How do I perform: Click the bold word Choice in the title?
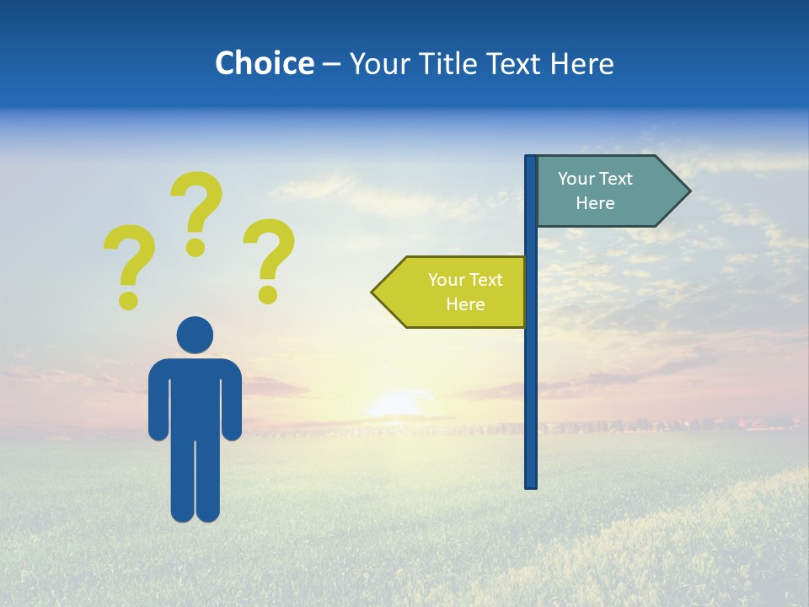click(264, 63)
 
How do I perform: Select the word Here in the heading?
click(581, 63)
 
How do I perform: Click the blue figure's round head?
click(195, 335)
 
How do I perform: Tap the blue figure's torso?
click(195, 396)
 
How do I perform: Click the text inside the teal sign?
click(595, 191)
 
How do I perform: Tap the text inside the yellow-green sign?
click(465, 292)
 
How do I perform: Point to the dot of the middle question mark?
click(196, 247)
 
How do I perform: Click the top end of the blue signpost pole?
click(531, 158)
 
